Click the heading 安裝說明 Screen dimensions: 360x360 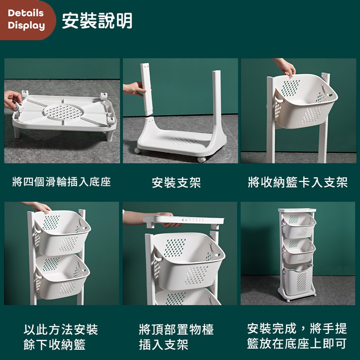(x=97, y=21)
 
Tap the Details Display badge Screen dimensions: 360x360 (x=27, y=19)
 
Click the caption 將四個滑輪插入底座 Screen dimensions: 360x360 (x=62, y=182)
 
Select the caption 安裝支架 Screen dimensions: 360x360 (x=176, y=183)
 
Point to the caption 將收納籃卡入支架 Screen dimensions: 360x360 (x=298, y=182)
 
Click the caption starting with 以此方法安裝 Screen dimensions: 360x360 (x=61, y=337)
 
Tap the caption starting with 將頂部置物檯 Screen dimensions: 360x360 (x=176, y=337)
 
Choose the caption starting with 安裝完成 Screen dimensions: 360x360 (x=297, y=336)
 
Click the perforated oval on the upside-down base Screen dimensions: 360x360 (x=63, y=112)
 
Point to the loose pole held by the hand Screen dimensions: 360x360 (x=147, y=90)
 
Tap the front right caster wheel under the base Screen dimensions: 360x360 (x=201, y=160)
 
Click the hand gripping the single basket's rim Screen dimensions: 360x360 (x=285, y=67)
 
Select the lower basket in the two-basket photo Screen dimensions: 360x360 (x=62, y=277)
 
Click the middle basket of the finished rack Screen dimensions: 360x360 (x=299, y=251)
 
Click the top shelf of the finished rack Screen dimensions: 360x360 (x=297, y=210)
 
